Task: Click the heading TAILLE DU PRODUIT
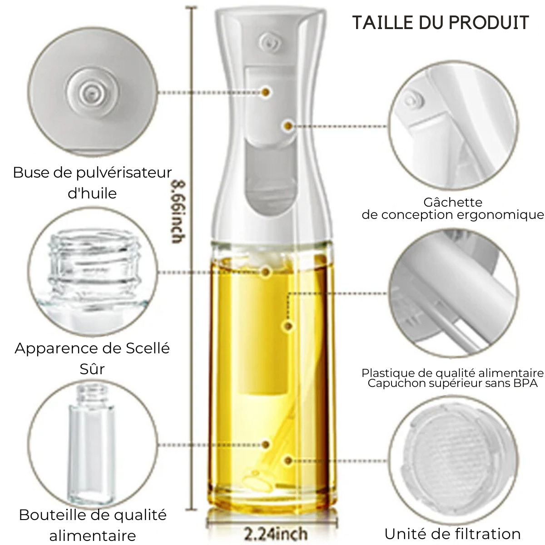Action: tap(441, 23)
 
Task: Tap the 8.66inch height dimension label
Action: tap(179, 212)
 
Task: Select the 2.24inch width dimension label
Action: tap(276, 533)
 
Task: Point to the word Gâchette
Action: tap(453, 202)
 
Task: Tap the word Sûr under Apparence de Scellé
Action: tap(92, 368)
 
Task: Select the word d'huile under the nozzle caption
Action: tap(92, 193)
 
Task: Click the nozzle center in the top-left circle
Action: tap(91, 91)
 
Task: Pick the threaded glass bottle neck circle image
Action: tap(93, 272)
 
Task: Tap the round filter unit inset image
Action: tap(453, 461)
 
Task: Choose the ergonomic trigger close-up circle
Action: tap(453, 126)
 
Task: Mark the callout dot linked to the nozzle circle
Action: tap(266, 92)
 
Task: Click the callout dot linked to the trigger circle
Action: tap(288, 125)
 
